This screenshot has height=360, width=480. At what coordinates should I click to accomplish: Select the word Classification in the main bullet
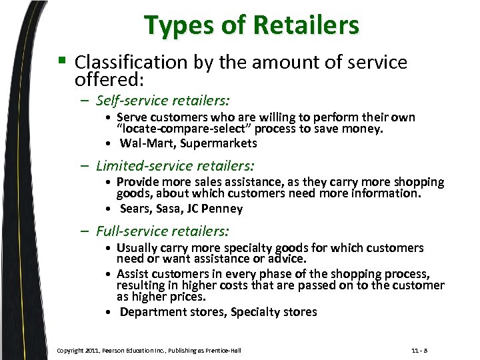(x=133, y=63)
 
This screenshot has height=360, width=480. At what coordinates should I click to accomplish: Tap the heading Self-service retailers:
(x=163, y=101)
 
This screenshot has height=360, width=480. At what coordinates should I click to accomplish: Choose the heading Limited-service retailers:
(x=175, y=165)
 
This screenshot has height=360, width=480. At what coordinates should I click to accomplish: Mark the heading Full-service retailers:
(x=162, y=231)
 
